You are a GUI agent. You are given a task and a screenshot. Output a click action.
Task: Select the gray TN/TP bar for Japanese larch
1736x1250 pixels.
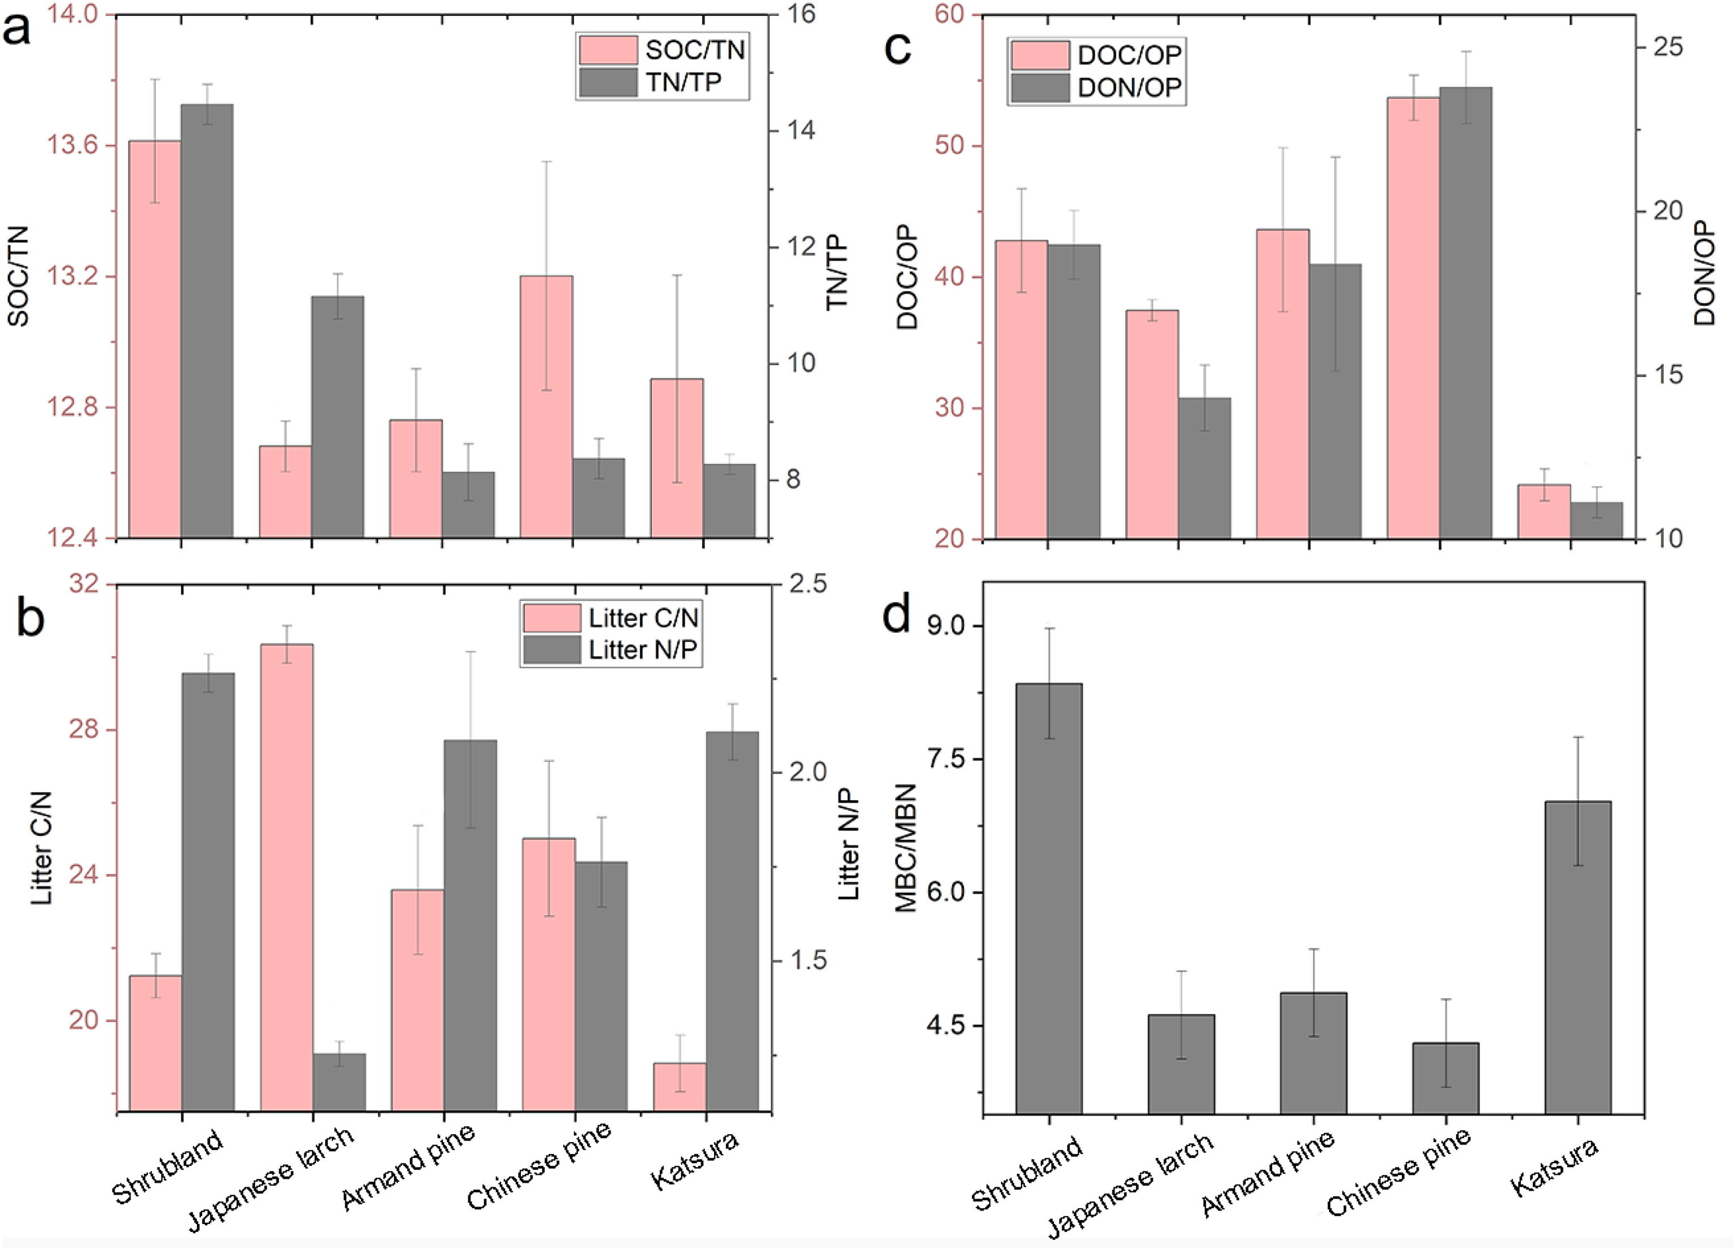tap(338, 416)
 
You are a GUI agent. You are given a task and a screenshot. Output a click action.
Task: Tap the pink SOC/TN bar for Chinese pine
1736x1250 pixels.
tap(547, 406)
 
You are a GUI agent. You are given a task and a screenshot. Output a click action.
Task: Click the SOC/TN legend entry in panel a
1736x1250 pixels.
tap(662, 50)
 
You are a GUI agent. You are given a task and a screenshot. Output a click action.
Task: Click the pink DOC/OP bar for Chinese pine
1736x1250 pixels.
tap(1413, 318)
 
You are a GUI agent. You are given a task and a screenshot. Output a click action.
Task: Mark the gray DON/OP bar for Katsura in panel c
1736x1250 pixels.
tap(1597, 520)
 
